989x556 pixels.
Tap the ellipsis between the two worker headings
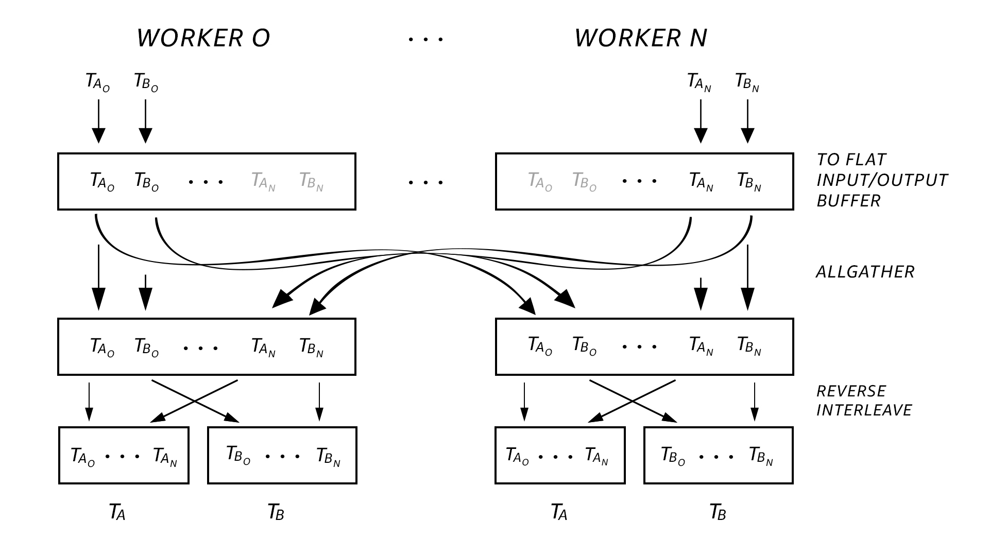425,39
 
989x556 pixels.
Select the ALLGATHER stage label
865,272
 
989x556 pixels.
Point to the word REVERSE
851,391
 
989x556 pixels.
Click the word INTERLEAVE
864,410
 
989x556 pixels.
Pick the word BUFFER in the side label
848,201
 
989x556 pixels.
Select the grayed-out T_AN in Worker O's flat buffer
263,182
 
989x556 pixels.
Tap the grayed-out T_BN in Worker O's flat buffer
311,182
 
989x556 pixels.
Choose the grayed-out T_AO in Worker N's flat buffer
540,182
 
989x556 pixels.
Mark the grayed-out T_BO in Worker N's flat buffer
584,182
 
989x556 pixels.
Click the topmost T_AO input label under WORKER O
98,82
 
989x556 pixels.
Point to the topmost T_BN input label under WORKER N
747,82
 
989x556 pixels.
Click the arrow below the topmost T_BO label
146,121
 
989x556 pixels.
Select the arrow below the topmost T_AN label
701,121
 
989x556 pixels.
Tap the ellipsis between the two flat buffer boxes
425,182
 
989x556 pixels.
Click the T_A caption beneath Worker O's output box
117,512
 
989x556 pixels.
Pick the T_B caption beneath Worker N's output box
718,512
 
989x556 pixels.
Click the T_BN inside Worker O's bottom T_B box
328,456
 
